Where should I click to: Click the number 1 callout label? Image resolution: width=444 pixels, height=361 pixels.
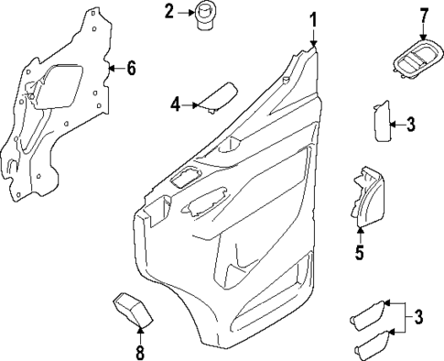coord(313,18)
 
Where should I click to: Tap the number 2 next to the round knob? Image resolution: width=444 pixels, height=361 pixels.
coord(169,12)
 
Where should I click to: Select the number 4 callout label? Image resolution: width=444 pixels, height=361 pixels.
coord(175,104)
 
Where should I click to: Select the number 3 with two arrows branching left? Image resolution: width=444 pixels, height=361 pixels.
coord(418,318)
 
